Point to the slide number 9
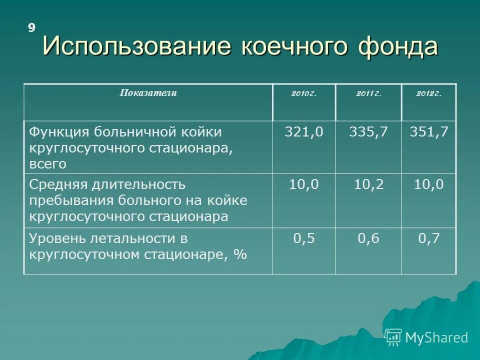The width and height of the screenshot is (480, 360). (31, 28)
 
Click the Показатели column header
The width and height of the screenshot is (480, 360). (148, 93)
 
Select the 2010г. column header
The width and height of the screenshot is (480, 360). (303, 93)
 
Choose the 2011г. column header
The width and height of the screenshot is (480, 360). (368, 93)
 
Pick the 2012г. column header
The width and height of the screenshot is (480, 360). (428, 93)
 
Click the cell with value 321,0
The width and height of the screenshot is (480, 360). (303, 132)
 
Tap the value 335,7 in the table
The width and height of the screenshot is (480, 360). (368, 132)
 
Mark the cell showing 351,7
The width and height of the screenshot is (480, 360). (428, 132)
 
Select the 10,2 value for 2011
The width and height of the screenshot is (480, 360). (368, 185)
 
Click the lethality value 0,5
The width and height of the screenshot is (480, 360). (303, 238)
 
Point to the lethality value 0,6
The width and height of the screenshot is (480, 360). (368, 238)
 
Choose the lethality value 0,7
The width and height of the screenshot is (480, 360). (428, 238)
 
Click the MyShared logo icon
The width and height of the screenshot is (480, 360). (393, 337)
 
